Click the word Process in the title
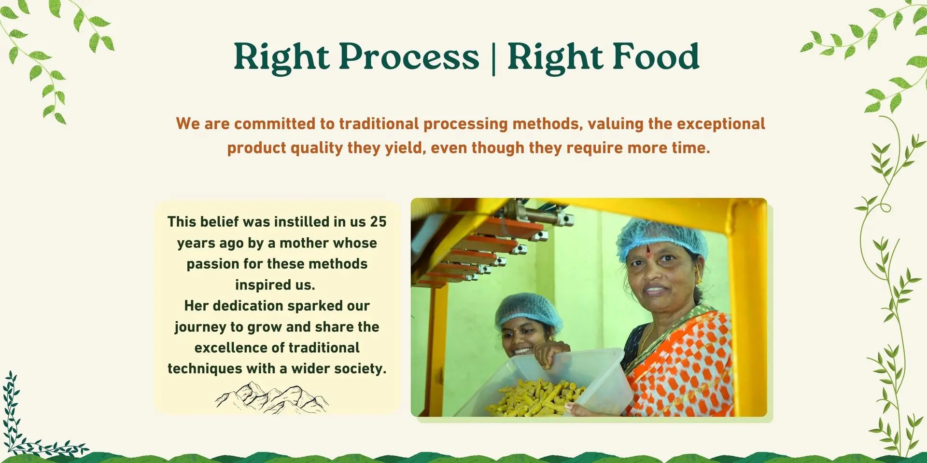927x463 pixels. click(409, 57)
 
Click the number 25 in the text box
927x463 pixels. click(378, 222)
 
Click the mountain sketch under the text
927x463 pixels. click(272, 398)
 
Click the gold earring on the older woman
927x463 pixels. click(699, 278)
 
